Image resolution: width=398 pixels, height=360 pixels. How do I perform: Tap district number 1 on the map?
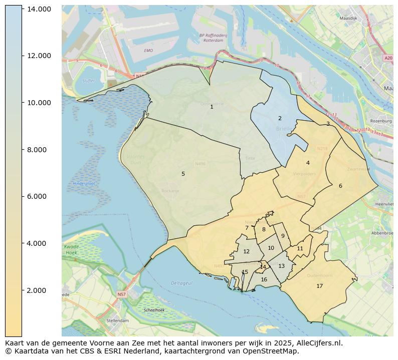point(212,107)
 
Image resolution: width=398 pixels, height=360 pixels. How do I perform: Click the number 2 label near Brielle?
point(280,119)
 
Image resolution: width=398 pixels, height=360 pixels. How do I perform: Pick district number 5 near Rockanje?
point(183,174)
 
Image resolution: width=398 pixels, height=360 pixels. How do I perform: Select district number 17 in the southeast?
point(319,286)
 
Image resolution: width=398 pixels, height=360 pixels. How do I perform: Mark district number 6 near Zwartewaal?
point(340,186)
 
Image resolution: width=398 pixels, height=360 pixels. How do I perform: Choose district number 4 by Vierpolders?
point(308,163)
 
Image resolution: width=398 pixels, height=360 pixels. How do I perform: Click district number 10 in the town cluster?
point(271,248)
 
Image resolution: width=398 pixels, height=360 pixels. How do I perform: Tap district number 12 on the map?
point(246,252)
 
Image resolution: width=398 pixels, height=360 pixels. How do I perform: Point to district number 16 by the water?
point(264,279)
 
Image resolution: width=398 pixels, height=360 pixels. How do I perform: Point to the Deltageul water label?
point(181,283)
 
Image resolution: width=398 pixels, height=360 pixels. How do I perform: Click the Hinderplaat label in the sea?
point(84,184)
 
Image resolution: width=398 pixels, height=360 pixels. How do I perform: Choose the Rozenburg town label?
point(380,121)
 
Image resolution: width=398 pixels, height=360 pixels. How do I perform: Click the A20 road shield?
point(388,58)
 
